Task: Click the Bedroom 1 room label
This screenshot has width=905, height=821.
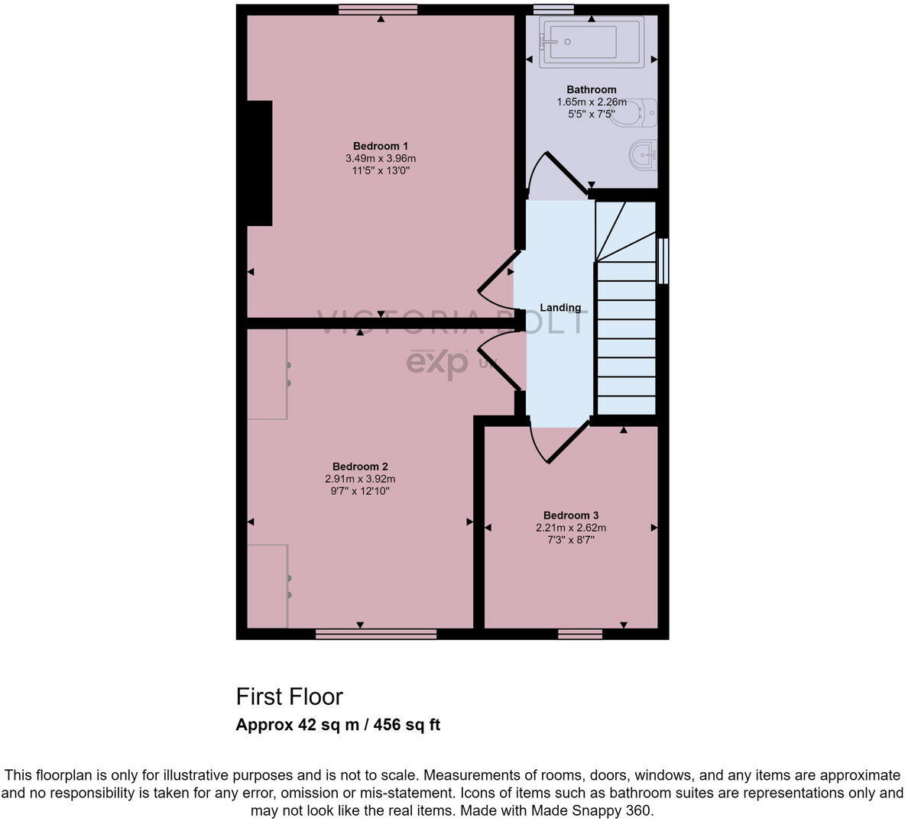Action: coord(381,146)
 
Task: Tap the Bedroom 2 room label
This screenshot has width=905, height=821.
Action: coord(360,467)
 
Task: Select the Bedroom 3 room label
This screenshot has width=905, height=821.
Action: coord(570,516)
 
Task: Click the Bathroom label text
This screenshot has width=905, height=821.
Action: coord(591,89)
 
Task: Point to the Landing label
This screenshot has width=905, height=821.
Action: coord(560,308)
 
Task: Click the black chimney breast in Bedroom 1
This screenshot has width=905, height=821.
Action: coord(259,163)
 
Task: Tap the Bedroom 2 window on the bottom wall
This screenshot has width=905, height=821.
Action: coord(375,634)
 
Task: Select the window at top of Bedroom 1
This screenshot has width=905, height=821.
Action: coord(378,9)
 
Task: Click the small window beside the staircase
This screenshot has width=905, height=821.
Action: coord(663,261)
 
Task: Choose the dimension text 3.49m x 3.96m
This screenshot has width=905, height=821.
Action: coord(381,158)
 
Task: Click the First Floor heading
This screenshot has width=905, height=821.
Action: coord(289,697)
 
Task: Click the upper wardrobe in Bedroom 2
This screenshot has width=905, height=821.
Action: coord(267,374)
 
